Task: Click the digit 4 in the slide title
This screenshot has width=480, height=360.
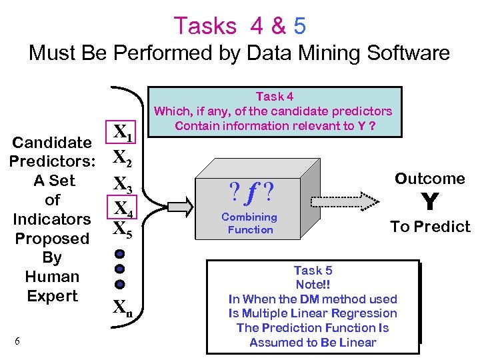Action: pos(259,25)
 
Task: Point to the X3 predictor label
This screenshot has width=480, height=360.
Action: pos(122,183)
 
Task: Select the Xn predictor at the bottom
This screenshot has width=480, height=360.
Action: pos(121,307)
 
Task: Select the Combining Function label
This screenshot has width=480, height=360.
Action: pos(249,223)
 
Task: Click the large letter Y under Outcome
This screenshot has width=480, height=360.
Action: pos(430,201)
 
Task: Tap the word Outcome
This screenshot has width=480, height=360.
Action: pos(430,179)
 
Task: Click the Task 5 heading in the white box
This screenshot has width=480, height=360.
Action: pos(313,270)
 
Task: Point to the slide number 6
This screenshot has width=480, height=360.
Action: pos(17,341)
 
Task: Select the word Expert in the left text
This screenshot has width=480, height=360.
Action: pos(52,296)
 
